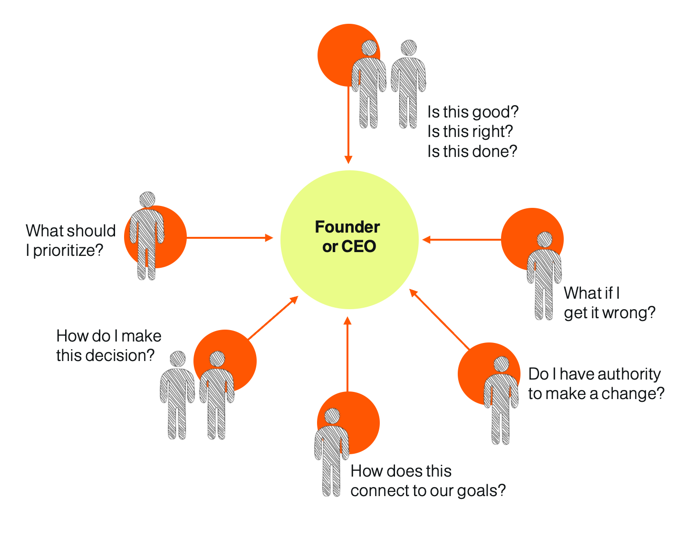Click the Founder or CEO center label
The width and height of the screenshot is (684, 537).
tap(348, 236)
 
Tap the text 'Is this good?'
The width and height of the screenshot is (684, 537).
tap(472, 112)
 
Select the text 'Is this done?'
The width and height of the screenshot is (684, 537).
tap(472, 151)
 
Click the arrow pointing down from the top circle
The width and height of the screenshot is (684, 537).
tap(348, 124)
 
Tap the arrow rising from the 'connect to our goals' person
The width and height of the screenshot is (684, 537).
tap(347, 354)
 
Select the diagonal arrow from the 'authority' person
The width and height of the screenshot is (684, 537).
tap(440, 319)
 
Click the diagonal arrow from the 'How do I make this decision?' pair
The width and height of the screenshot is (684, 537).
tap(273, 318)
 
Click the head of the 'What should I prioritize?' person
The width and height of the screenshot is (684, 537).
tap(147, 199)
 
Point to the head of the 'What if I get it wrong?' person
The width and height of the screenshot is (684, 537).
tap(544, 239)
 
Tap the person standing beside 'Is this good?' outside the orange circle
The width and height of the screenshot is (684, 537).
tap(408, 84)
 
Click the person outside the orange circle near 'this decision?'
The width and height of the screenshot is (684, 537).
tap(177, 395)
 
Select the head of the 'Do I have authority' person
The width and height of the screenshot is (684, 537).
tap(501, 364)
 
